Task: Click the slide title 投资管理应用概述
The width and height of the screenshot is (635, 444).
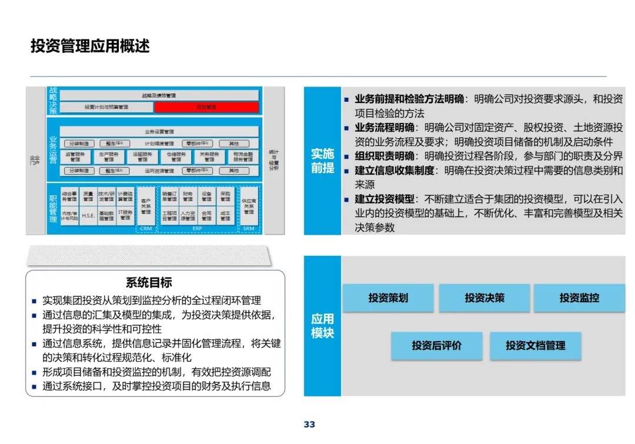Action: click(x=90, y=46)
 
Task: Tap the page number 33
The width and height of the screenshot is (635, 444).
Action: click(x=310, y=425)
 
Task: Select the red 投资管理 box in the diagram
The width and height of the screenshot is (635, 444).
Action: click(x=206, y=107)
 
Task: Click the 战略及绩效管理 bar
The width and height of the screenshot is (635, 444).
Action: click(x=159, y=95)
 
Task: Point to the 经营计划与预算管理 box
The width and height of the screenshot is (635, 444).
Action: click(x=106, y=107)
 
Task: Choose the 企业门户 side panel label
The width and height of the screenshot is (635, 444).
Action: click(x=35, y=160)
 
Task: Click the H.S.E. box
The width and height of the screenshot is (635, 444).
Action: click(x=88, y=215)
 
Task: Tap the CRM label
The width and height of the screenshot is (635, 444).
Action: click(x=146, y=228)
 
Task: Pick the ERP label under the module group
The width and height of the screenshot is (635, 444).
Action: click(x=197, y=228)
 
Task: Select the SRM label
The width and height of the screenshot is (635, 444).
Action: click(x=248, y=228)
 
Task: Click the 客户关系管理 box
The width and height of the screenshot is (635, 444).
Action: click(x=146, y=206)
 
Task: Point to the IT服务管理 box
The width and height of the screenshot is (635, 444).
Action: click(x=125, y=215)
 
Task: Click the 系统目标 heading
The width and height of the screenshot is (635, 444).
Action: click(x=149, y=283)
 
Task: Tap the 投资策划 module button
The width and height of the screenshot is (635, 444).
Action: click(x=388, y=298)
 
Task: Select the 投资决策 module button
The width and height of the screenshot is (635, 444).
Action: click(x=484, y=298)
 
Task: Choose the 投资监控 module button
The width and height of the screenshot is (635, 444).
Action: click(x=579, y=298)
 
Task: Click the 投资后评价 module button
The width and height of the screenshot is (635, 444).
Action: click(x=436, y=346)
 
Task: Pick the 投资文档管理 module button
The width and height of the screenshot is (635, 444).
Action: click(x=535, y=346)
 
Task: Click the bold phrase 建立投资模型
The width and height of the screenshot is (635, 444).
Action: click(x=385, y=199)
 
